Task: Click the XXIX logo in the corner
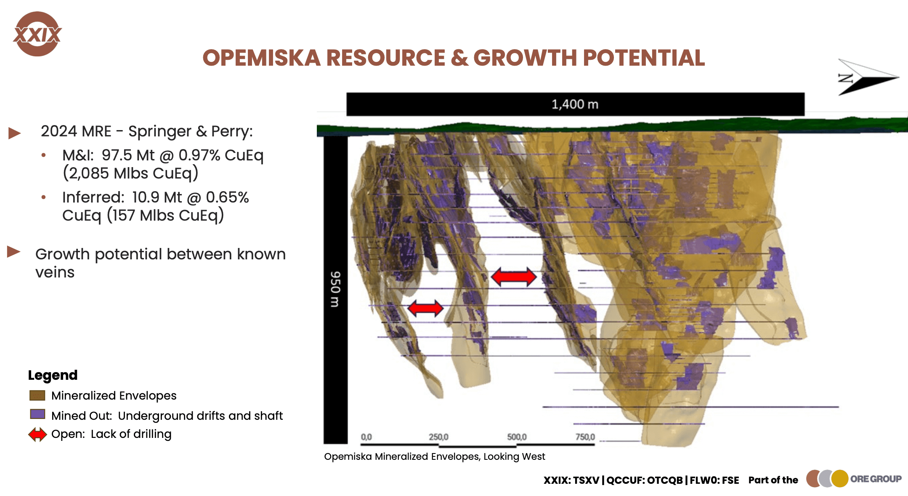coord(37,34)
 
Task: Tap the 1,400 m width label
coord(575,104)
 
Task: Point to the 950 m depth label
coord(335,289)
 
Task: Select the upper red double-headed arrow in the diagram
coord(514,277)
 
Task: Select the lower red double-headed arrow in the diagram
coord(425,308)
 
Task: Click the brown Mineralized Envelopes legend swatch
coord(37,395)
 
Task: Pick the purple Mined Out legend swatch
coord(37,414)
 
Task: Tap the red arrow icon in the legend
coord(37,434)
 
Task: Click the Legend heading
coord(53,375)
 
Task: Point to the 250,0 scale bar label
coord(438,437)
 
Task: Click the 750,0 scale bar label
coord(585,437)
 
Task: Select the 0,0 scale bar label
coord(366,437)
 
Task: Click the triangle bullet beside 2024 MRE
coord(15,133)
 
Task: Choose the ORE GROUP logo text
coord(876,479)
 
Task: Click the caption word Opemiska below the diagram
coord(348,457)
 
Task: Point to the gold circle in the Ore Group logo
coord(840,479)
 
